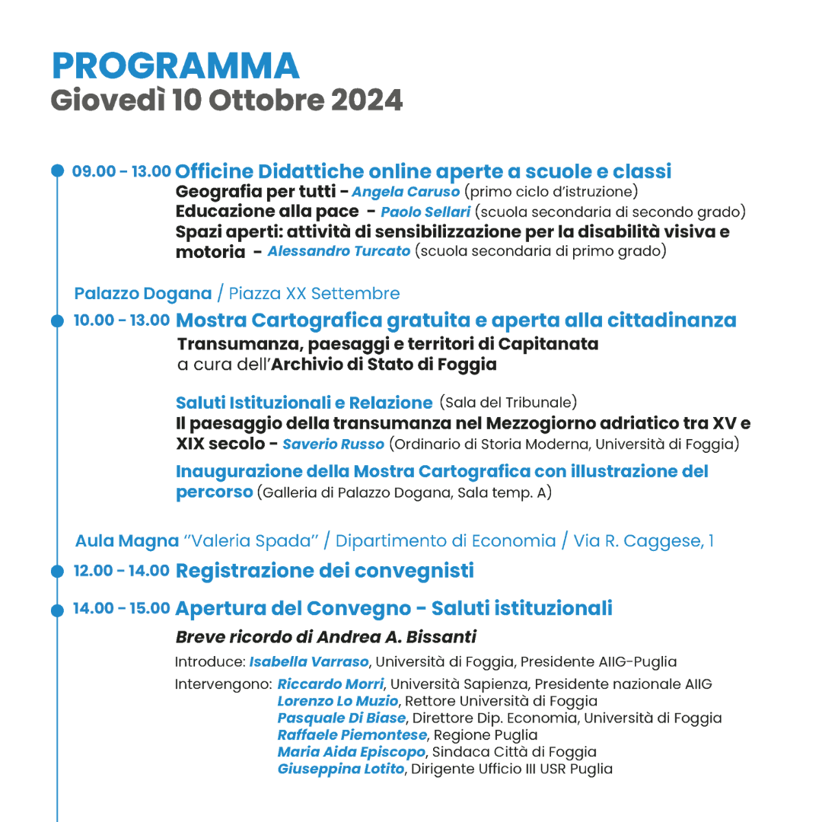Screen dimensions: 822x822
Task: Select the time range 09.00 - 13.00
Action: [121, 171]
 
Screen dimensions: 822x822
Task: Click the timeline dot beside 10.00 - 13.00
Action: [57, 321]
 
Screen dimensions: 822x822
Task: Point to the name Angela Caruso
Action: [406, 192]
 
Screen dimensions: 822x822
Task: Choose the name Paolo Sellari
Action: [425, 212]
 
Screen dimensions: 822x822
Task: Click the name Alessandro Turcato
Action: [339, 251]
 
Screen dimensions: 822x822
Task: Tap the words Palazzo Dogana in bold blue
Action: [143, 293]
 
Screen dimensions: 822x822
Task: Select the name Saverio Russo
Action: [333, 444]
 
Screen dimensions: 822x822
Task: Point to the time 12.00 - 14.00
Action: [121, 571]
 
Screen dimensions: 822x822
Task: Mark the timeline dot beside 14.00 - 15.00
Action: [57, 610]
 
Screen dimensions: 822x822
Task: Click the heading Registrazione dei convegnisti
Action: [324, 571]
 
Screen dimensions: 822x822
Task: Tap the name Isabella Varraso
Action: [309, 661]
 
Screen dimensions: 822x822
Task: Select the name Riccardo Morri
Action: [330, 684]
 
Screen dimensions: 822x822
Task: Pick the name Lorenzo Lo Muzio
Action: [338, 701]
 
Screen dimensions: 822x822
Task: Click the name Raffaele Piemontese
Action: [352, 735]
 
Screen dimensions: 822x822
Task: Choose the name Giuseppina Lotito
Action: [340, 769]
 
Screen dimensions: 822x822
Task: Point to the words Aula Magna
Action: [127, 541]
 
